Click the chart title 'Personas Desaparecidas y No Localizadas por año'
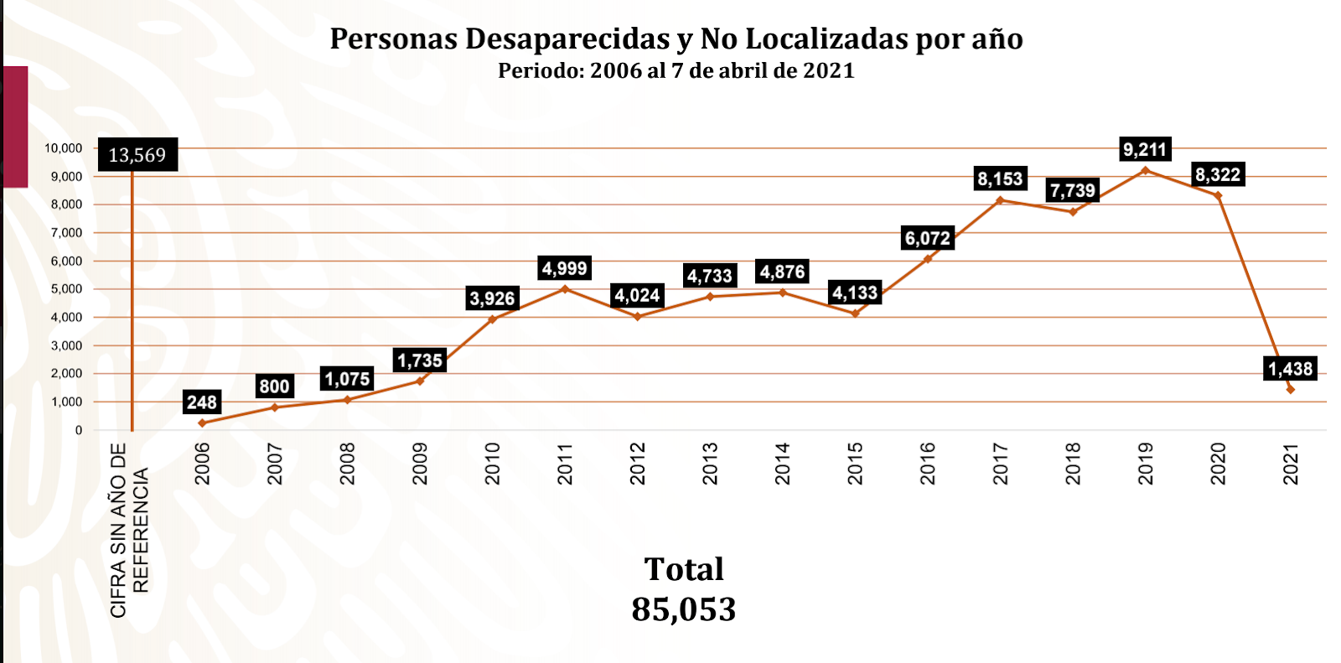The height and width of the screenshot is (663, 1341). tap(676, 39)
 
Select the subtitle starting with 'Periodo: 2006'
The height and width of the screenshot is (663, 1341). tap(676, 70)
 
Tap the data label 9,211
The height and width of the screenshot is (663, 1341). tap(1144, 150)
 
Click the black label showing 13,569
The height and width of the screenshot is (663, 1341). tap(137, 155)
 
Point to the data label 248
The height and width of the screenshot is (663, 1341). tap(202, 402)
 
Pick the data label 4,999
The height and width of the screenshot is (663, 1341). tap(564, 269)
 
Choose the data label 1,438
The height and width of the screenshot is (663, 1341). tap(1290, 369)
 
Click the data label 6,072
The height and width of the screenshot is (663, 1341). tap(927, 239)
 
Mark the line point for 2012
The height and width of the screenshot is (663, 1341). tap(638, 317)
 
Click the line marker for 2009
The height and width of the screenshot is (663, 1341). tap(420, 381)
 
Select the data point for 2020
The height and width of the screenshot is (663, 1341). tap(1218, 196)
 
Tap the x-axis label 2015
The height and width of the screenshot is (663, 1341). tap(855, 464)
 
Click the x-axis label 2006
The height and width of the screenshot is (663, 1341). tap(202, 464)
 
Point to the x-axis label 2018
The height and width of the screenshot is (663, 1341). tap(1073, 464)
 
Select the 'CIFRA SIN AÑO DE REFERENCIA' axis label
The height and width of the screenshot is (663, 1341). tap(129, 530)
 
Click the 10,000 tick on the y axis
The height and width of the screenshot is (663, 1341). tap(64, 148)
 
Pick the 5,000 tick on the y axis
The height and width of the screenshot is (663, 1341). tap(67, 289)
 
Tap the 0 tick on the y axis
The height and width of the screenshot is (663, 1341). tap(79, 430)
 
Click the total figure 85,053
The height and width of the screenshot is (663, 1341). tap(683, 609)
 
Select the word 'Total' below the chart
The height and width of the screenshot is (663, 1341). tap(683, 570)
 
